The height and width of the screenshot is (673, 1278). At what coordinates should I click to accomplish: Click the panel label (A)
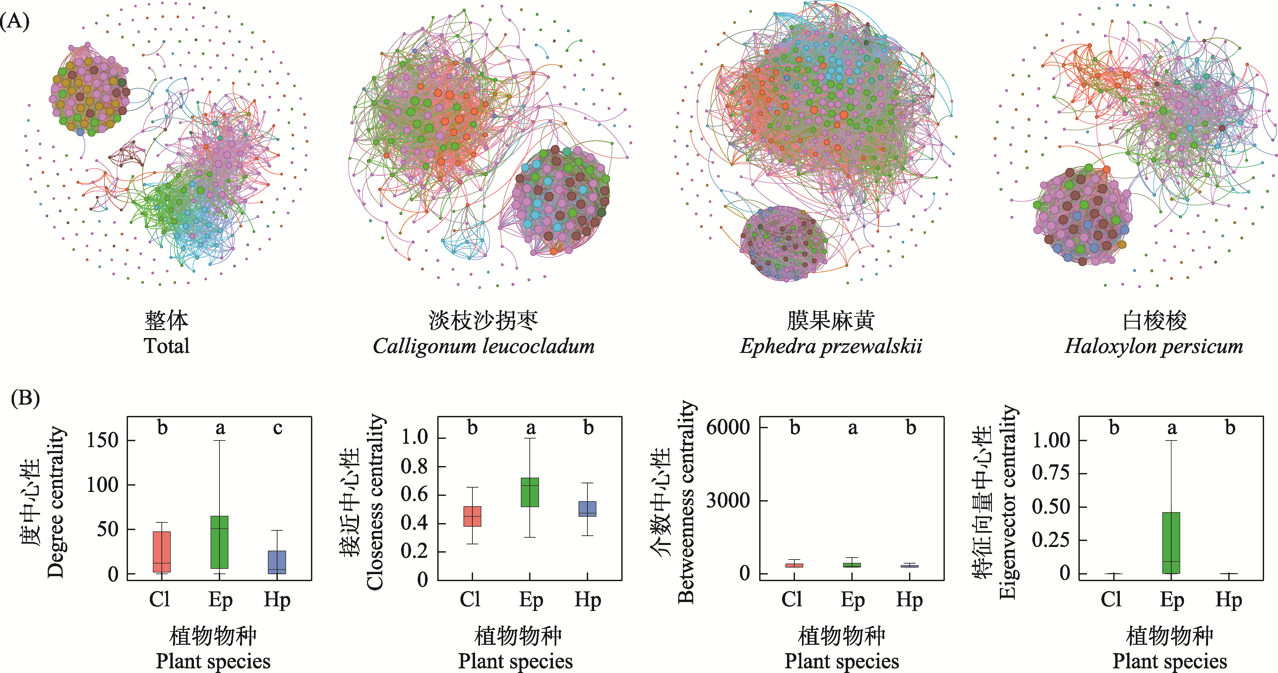click(15, 21)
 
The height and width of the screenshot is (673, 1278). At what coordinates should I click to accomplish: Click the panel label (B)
click(25, 398)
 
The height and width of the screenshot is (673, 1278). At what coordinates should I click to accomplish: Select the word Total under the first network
click(167, 346)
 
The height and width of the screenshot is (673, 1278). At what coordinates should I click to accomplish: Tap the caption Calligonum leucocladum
click(484, 346)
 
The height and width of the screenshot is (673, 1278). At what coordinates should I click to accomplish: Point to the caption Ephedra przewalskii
click(831, 346)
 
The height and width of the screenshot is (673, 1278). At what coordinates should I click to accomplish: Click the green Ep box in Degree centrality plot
click(219, 542)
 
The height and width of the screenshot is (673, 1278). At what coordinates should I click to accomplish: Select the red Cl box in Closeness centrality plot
click(472, 516)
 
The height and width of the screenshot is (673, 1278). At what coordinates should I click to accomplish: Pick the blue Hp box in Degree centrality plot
click(277, 562)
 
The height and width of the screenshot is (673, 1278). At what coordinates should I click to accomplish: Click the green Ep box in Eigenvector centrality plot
click(1171, 543)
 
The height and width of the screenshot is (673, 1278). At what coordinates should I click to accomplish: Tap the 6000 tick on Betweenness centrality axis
click(728, 427)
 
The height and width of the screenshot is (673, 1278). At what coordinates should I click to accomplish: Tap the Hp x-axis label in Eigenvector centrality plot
click(1228, 600)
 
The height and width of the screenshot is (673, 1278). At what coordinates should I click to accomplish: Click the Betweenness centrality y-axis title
click(686, 501)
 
